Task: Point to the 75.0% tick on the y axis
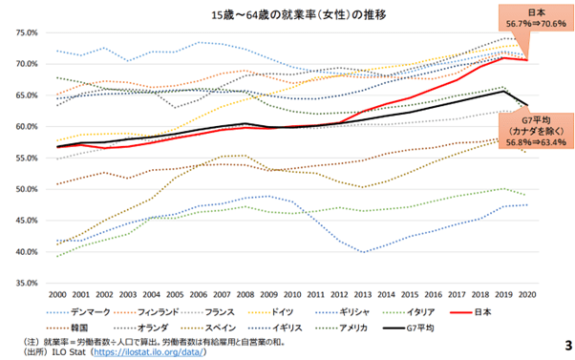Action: tap(26, 32)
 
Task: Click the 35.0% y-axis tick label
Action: tap(26, 284)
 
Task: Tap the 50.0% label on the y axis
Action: tap(26, 190)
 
